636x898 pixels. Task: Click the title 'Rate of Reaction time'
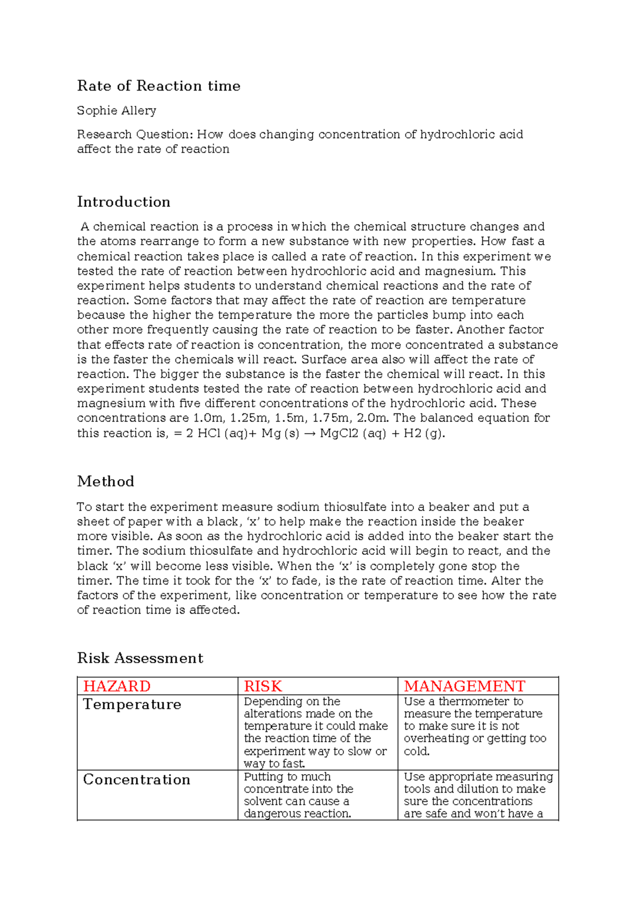click(x=158, y=86)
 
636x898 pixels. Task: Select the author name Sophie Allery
click(x=117, y=111)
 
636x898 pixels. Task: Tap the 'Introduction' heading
click(x=123, y=202)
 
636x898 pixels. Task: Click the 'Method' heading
click(x=105, y=481)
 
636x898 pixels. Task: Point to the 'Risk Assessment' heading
click(x=140, y=658)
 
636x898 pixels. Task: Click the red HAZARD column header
click(x=117, y=686)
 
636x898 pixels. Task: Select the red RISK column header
click(x=263, y=686)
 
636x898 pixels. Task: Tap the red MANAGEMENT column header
click(x=464, y=686)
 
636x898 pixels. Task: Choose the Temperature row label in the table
click(x=132, y=705)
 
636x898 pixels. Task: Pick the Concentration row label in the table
click(x=137, y=780)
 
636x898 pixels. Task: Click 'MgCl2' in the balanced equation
click(x=339, y=434)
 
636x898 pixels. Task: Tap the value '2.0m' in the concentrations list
click(x=373, y=418)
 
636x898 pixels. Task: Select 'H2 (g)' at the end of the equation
click(x=423, y=434)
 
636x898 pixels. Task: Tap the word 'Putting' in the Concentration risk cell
click(x=263, y=777)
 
